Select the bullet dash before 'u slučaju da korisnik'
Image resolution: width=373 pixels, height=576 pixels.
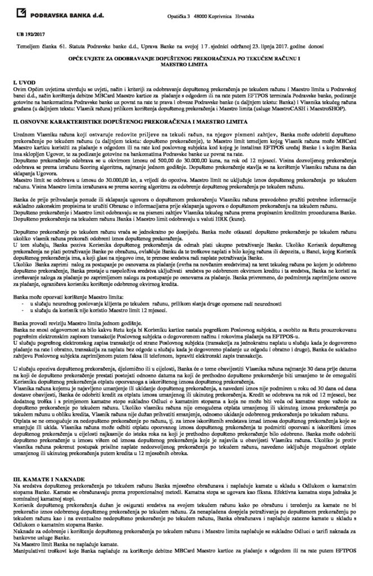click(x=37, y=310)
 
